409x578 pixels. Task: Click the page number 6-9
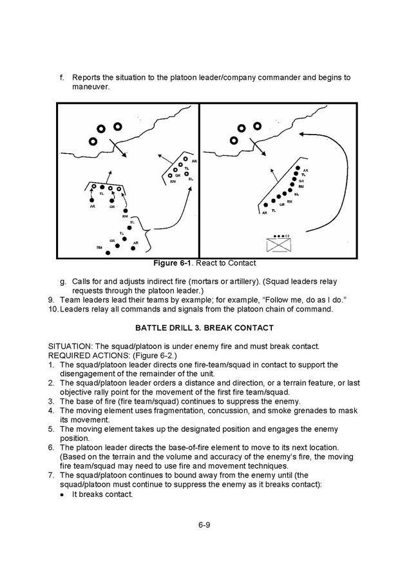[x=204, y=525]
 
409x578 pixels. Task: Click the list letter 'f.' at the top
[x=62, y=77]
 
